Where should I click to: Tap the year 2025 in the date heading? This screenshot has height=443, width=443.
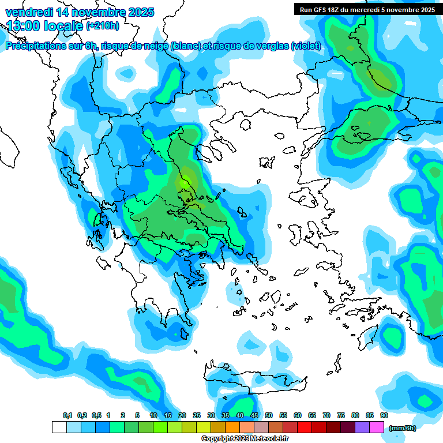coord(138,12)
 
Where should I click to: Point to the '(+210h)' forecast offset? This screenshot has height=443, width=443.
coord(103,26)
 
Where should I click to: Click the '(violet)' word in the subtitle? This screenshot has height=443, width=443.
coord(306,46)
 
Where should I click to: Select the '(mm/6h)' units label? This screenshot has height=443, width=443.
coord(402,428)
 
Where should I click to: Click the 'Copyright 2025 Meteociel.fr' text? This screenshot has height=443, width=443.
coord(245,439)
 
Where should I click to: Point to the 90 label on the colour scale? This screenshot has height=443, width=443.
coord(384,415)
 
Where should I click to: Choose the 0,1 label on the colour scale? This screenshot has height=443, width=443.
coord(67,415)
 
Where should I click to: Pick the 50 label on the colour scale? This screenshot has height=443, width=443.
coord(269,415)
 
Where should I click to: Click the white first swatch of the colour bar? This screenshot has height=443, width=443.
coord(59,427)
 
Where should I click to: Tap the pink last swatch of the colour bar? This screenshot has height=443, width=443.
coord(377,427)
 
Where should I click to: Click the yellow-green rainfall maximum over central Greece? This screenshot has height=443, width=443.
coord(183,183)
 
